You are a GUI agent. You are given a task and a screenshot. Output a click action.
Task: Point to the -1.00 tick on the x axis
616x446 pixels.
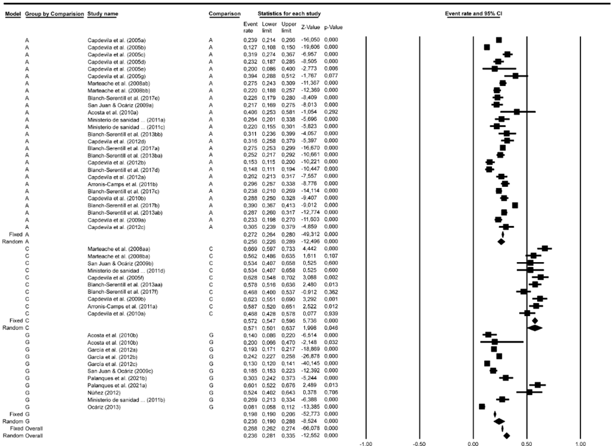pos(365,444)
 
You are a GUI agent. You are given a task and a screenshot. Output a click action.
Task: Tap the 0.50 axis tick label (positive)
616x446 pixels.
pos(526,444)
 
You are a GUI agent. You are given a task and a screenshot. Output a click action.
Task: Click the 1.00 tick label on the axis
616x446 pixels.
pos(579,444)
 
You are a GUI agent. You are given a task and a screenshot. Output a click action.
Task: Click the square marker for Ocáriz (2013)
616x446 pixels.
pos(482,406)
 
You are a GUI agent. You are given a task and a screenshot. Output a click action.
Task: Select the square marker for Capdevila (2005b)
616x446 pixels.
pos(487,47)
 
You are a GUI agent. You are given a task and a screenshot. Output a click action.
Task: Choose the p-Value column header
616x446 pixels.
pos(333,28)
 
